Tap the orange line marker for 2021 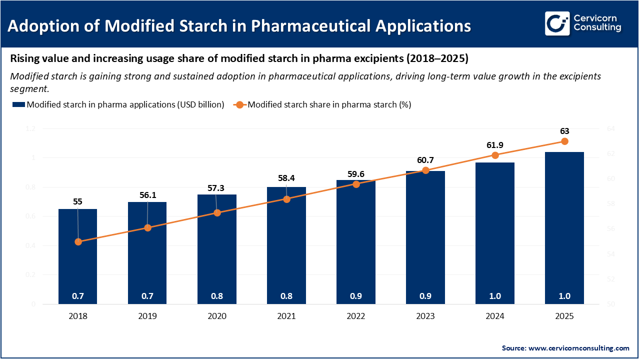tap(286, 199)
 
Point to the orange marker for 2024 tap(495, 155)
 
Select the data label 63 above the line tap(564, 131)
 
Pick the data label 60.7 tap(425, 160)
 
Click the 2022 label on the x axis tap(356, 316)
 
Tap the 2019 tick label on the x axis tap(147, 316)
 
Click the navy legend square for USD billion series tap(18, 104)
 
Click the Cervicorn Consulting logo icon tap(557, 24)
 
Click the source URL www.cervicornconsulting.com tap(579, 347)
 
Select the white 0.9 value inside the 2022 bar tap(356, 296)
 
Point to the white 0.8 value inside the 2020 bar tap(217, 296)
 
